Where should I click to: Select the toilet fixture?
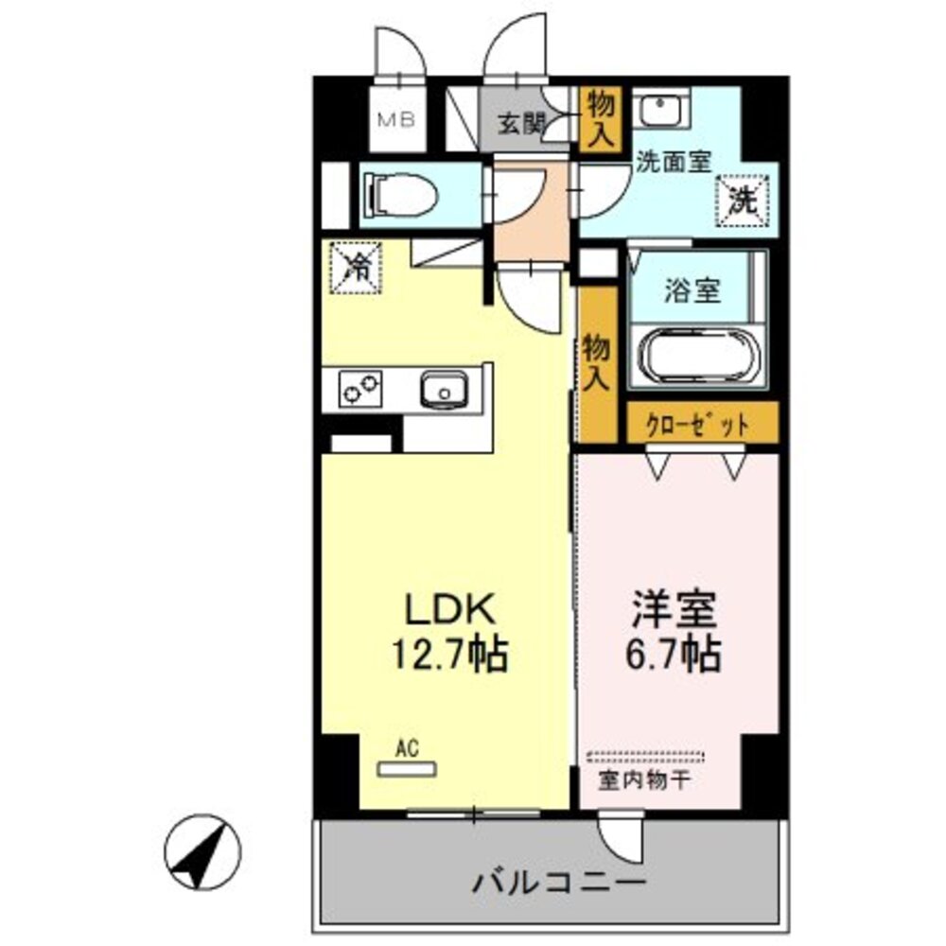click(x=402, y=196)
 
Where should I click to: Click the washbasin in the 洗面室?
click(x=658, y=109)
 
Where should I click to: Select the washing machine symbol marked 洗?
click(x=743, y=201)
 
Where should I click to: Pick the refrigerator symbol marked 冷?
click(x=357, y=267)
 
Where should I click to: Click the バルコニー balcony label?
click(x=558, y=885)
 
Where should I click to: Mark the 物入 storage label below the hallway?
click(x=597, y=362)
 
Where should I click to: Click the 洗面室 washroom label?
click(x=673, y=162)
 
